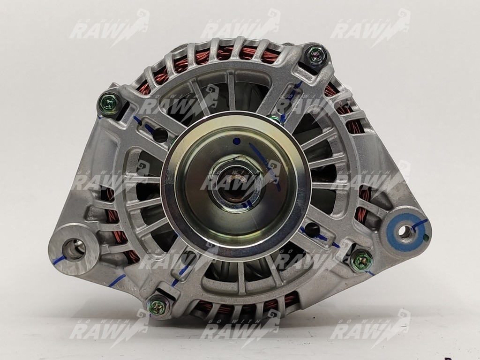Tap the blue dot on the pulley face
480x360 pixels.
point(236,142)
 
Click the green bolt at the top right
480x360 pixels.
point(315,56)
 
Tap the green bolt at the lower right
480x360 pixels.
point(361,261)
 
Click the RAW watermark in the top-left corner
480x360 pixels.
point(109,28)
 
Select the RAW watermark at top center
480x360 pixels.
point(240,28)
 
